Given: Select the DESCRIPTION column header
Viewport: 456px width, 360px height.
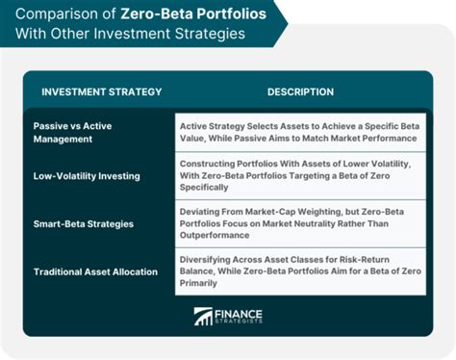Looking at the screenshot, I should (300, 92).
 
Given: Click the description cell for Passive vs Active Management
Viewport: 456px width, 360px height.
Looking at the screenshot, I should (300, 132).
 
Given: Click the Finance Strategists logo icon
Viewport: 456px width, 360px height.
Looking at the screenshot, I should (203, 316).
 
